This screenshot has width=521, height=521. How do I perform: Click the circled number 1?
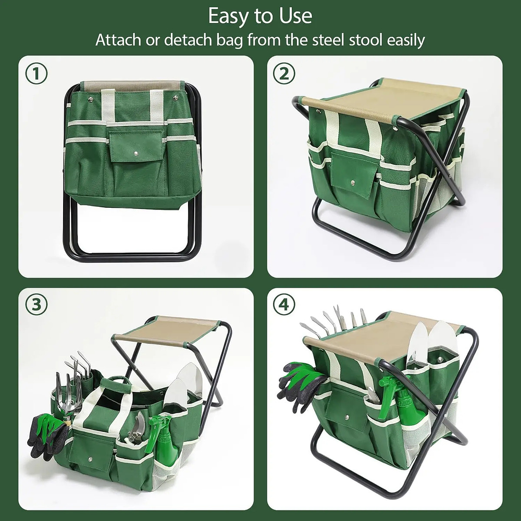(36, 75)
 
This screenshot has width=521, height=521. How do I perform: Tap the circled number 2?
(284, 75)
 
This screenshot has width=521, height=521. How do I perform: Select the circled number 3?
(36, 305)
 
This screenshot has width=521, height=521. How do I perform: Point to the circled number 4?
(284, 305)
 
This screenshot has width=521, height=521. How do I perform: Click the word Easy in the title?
(227, 17)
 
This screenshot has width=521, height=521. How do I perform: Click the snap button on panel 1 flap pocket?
(136, 154)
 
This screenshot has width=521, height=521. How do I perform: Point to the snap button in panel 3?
(91, 459)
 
